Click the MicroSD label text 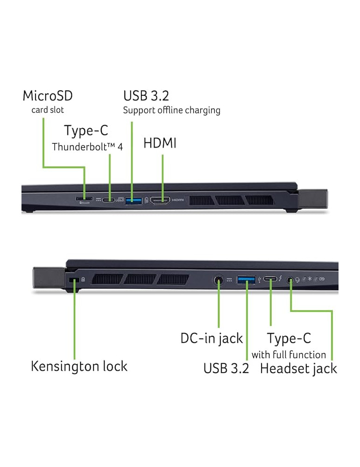(48, 96)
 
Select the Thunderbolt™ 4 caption (87, 147)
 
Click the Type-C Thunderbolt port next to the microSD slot (109, 200)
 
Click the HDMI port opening (160, 200)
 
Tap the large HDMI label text (160, 143)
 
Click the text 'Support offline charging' (171, 111)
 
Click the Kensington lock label (79, 366)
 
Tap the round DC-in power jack (219, 280)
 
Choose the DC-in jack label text (212, 338)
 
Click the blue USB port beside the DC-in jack (246, 280)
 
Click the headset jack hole (291, 280)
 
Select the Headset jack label (298, 368)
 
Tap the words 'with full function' (289, 354)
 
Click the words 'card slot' (48, 110)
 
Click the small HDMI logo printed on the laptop (178, 200)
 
